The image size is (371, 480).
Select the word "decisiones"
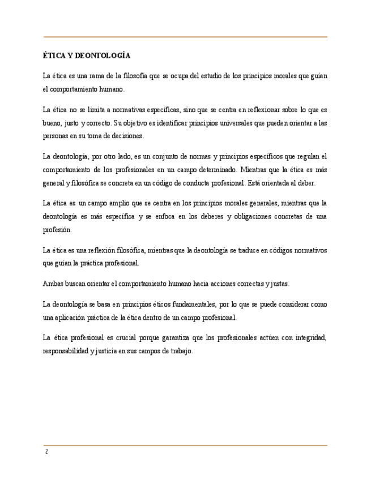click(x=128, y=136)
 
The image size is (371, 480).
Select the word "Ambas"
click(x=53, y=283)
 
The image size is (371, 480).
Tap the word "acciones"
click(x=224, y=283)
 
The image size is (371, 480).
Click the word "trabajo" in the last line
click(x=181, y=350)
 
